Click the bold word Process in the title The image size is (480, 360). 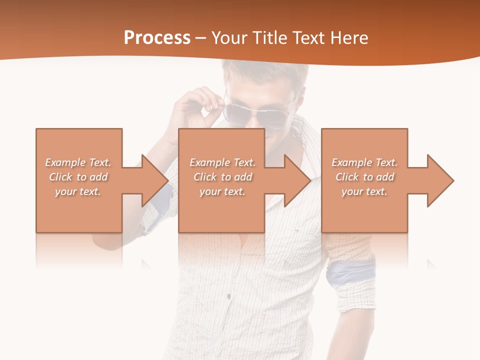pos(157,38)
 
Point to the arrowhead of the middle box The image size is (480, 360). pos(297,180)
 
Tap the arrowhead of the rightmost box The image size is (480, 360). pos(440,180)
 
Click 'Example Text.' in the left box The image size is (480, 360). pos(78,162)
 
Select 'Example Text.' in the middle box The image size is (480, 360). pos(222,162)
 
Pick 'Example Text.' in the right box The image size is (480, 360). pos(364,162)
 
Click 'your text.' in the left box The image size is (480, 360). pos(78,191)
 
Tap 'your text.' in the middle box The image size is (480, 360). pos(222,191)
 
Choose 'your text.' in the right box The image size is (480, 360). pos(364,191)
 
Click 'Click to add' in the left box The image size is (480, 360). pos(78,177)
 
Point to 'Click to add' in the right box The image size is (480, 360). pos(364,177)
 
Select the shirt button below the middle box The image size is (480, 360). pos(229,296)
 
